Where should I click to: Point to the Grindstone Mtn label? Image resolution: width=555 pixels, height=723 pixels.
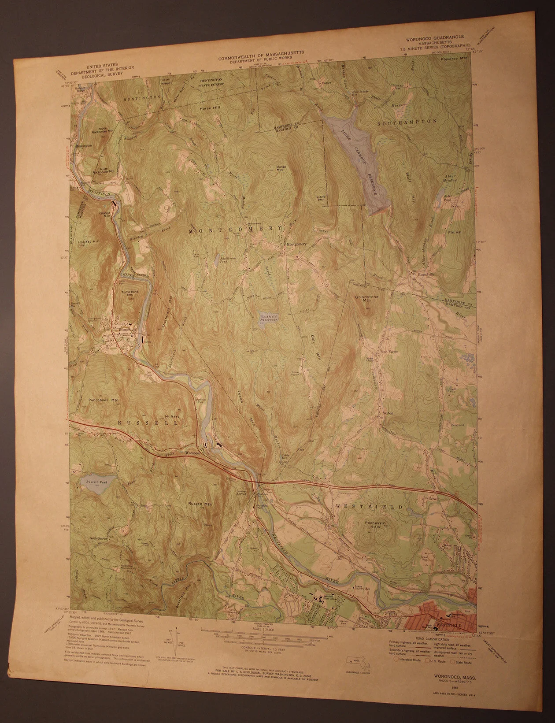366,299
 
